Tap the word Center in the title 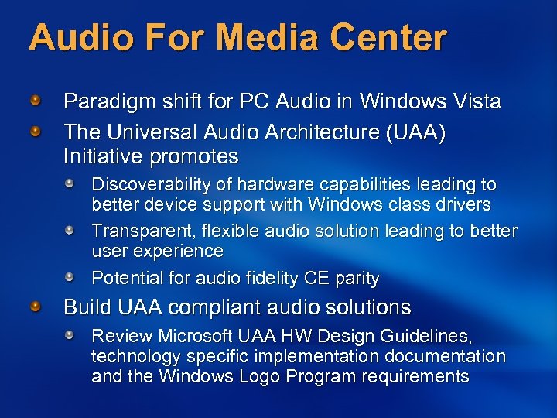[395, 37]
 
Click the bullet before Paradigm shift [36, 101]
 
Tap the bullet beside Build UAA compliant [36, 307]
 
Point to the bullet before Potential [70, 277]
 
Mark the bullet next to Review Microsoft [70, 336]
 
